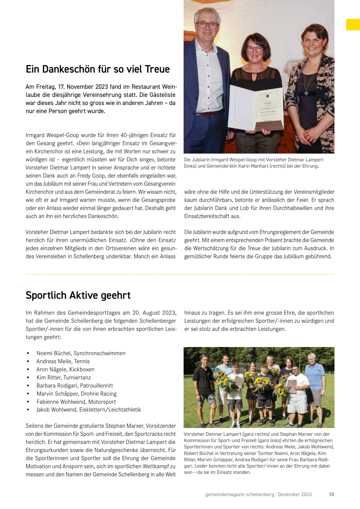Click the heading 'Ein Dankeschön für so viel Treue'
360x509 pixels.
click(97, 69)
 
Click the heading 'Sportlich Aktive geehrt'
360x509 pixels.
click(78, 295)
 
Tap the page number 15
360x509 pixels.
click(331, 494)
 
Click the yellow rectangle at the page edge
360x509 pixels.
click(353, 25)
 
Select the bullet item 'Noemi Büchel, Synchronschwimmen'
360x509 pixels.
click(81, 353)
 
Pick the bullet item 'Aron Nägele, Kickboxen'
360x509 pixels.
click(65, 370)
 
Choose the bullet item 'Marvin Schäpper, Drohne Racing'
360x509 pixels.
click(76, 394)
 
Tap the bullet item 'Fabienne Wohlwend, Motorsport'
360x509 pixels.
click(76, 402)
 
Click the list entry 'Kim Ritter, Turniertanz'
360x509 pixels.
click(64, 378)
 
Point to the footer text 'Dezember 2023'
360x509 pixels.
click(295, 494)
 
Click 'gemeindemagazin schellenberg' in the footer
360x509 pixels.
click(240, 494)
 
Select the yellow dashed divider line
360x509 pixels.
click(180, 274)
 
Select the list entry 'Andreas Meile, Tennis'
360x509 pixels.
click(63, 361)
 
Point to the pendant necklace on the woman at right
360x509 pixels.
click(306, 93)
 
